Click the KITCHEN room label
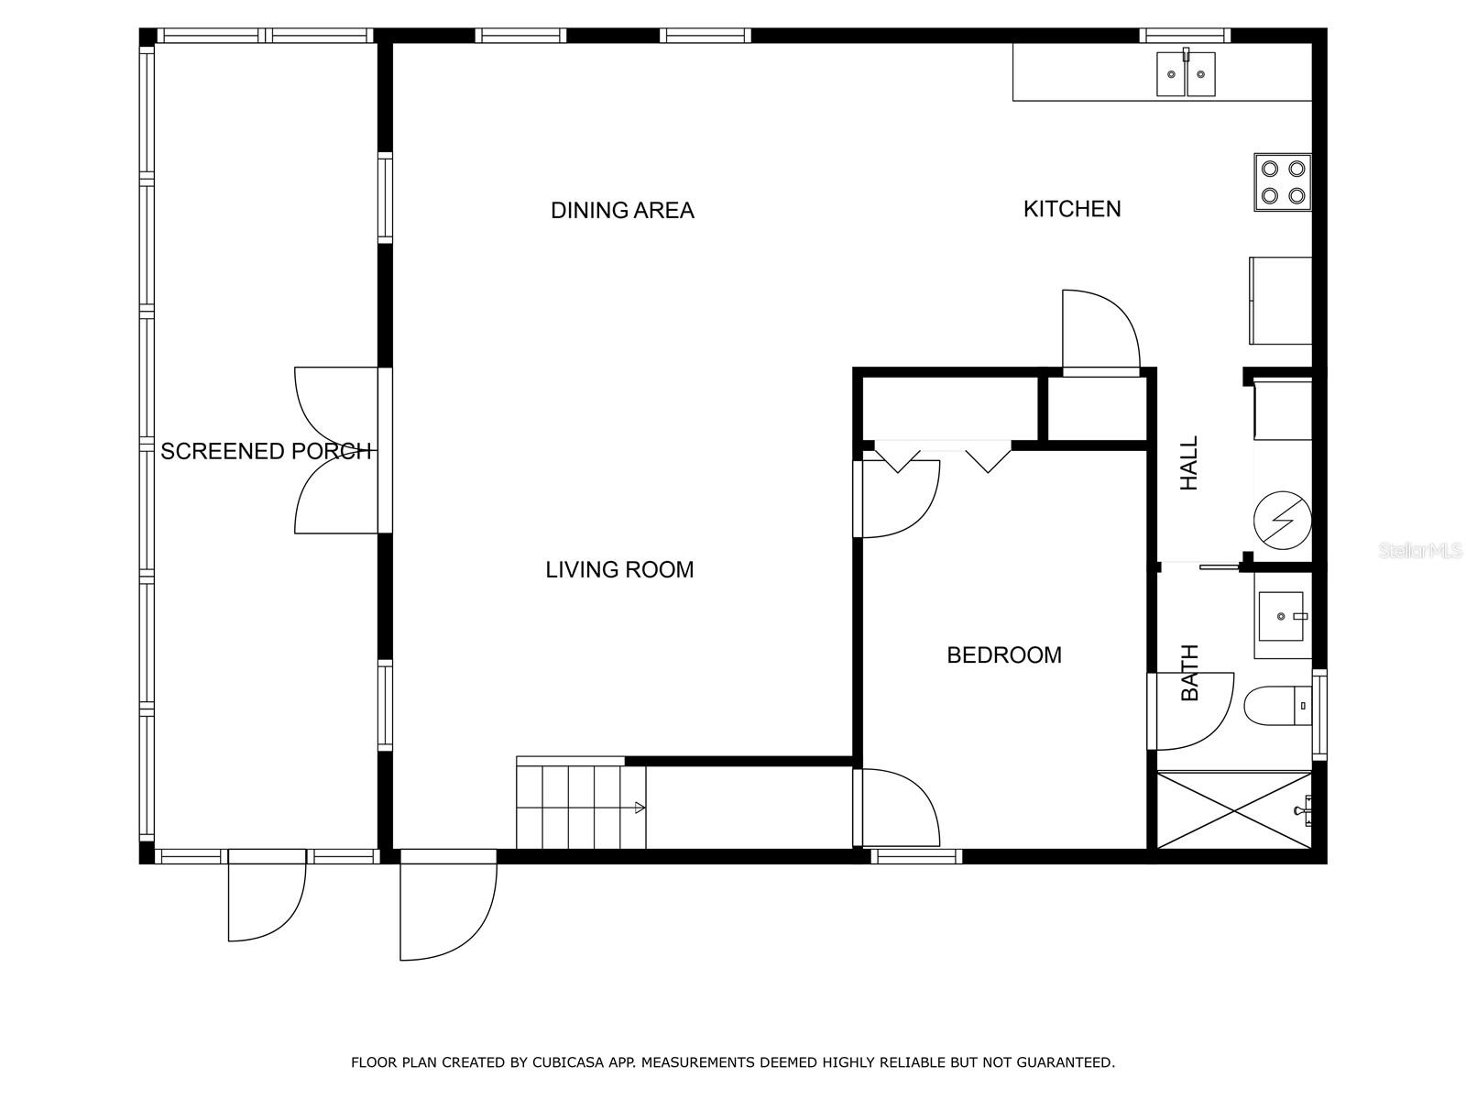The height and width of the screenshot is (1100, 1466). (x=1071, y=209)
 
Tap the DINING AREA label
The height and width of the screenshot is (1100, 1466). (x=622, y=211)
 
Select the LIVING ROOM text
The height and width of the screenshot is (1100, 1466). (x=619, y=569)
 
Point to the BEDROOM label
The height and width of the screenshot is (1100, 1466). (x=1004, y=655)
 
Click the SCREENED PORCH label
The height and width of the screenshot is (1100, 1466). (x=266, y=452)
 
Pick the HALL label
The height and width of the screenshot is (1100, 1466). (x=1189, y=463)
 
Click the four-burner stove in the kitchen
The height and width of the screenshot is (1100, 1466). (x=1283, y=182)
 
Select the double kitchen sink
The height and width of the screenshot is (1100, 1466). (x=1186, y=72)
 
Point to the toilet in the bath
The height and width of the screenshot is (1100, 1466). (x=1277, y=705)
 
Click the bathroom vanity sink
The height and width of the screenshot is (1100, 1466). (x=1283, y=615)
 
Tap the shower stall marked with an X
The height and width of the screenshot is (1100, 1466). (x=1233, y=811)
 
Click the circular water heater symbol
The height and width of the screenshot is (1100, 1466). (x=1283, y=521)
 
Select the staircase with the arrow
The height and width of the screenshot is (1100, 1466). (x=581, y=807)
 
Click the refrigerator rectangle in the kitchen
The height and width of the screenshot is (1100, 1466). (x=1280, y=301)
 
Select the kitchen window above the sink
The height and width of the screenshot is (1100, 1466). (x=1184, y=36)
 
